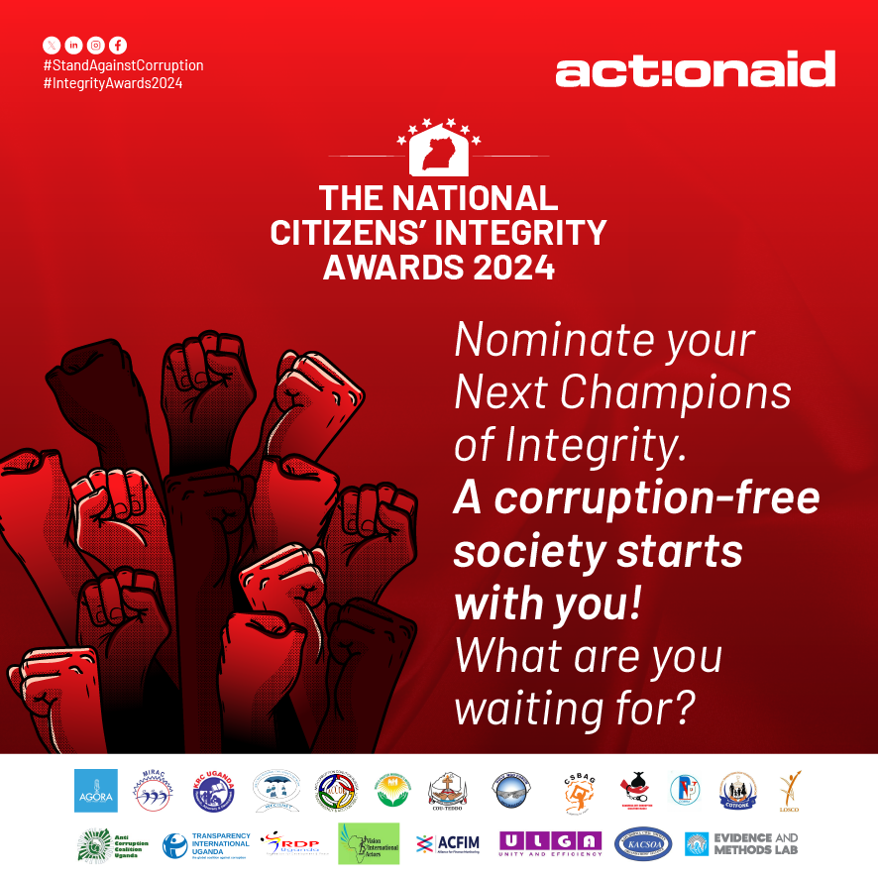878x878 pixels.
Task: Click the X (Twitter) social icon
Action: [52, 45]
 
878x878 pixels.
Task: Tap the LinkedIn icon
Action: [73, 45]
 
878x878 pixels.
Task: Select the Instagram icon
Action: [96, 45]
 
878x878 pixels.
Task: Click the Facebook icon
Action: [118, 45]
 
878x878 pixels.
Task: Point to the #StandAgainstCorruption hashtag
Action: [123, 65]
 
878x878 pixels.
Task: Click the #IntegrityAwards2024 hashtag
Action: [113, 83]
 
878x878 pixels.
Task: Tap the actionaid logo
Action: [695, 70]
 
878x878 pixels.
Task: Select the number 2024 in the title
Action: [509, 267]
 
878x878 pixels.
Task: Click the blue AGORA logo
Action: [96, 791]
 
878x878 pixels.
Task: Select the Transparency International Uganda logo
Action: [207, 844]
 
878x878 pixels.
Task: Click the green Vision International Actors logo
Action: [369, 844]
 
